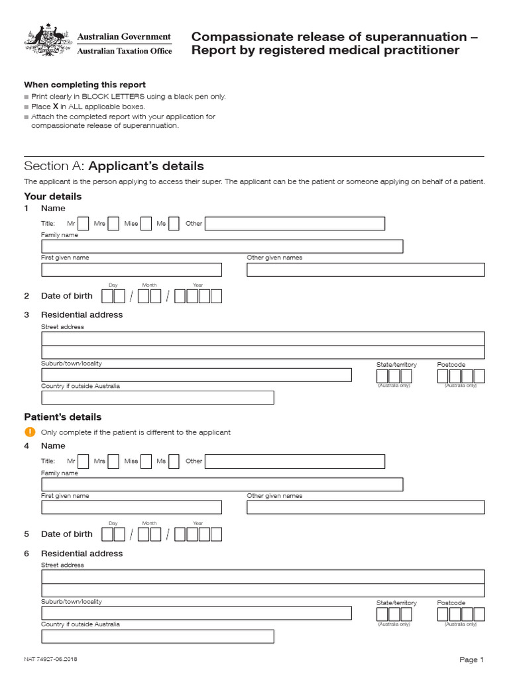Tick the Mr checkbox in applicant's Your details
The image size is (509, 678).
click(84, 224)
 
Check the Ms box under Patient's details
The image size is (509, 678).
click(174, 461)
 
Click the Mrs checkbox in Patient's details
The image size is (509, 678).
click(113, 461)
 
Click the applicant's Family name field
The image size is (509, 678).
click(222, 246)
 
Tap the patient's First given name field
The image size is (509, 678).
click(131, 507)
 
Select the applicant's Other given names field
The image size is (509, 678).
click(365, 269)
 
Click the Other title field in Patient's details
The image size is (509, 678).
click(295, 461)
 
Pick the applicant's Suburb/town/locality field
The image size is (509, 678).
click(196, 375)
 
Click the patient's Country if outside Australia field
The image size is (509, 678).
click(158, 636)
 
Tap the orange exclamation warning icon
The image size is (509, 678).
click(29, 432)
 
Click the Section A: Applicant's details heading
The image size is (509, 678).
click(114, 166)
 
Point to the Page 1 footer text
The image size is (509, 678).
click(472, 659)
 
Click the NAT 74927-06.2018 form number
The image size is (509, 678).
click(54, 659)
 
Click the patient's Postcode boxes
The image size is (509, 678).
click(461, 614)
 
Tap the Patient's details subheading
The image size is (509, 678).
click(63, 417)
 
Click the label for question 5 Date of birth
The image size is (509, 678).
click(66, 534)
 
